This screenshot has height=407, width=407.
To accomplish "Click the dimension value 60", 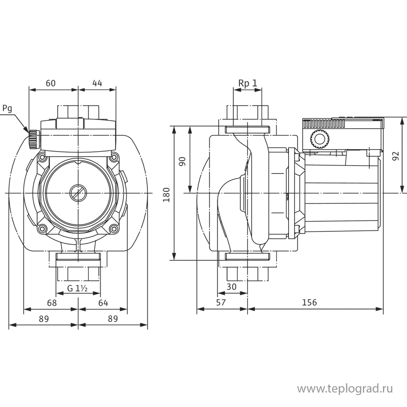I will point(50,83).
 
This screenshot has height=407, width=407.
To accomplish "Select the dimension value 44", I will point(97,83).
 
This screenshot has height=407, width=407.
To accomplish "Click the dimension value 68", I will point(51,303).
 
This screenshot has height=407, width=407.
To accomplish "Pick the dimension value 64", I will point(103,303).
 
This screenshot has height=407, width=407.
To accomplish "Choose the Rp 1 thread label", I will point(248,83).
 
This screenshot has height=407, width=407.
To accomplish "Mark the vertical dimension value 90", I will point(183,161).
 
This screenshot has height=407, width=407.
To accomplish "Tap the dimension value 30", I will point(232,287).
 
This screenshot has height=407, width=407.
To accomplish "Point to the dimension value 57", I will point(221,303).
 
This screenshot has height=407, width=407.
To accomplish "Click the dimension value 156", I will point(309,303).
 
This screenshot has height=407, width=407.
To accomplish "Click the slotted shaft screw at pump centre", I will point(78,192).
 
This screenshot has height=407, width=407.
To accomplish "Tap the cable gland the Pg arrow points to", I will point(32,139).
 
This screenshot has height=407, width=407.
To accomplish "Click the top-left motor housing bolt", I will point(42,157).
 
